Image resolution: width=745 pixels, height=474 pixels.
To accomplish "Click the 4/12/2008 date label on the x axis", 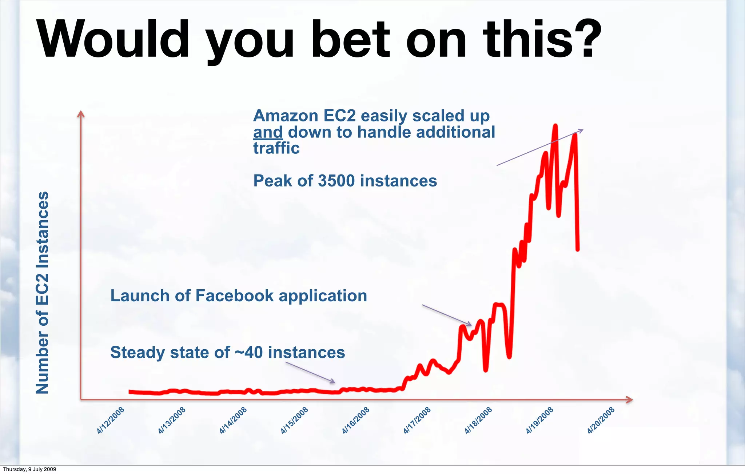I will click(x=111, y=421).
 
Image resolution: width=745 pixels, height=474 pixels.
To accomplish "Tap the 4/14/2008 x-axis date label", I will click(x=233, y=421).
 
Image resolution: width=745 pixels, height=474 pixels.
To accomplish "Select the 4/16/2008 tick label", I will click(x=356, y=421).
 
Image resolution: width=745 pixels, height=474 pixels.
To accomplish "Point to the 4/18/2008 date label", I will click(x=478, y=421).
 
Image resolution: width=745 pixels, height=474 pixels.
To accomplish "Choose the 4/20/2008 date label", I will click(x=601, y=421).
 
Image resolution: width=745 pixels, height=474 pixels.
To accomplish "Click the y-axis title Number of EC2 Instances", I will click(x=42, y=293).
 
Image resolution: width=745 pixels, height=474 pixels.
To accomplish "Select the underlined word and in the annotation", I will click(x=268, y=132).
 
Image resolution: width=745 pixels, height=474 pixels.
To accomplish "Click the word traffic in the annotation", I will click(x=276, y=148).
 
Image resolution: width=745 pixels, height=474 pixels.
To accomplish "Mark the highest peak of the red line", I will click(x=555, y=126).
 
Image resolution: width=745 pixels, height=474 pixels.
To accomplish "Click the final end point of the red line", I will click(x=577, y=249).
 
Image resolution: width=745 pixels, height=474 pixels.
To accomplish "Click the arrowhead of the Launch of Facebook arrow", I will click(x=470, y=324).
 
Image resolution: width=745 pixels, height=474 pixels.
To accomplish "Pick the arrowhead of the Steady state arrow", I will click(x=333, y=381).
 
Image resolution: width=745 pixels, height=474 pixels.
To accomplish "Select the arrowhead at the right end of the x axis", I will click(x=630, y=399).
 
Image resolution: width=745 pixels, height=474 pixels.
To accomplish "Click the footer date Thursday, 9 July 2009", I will click(x=29, y=469).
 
